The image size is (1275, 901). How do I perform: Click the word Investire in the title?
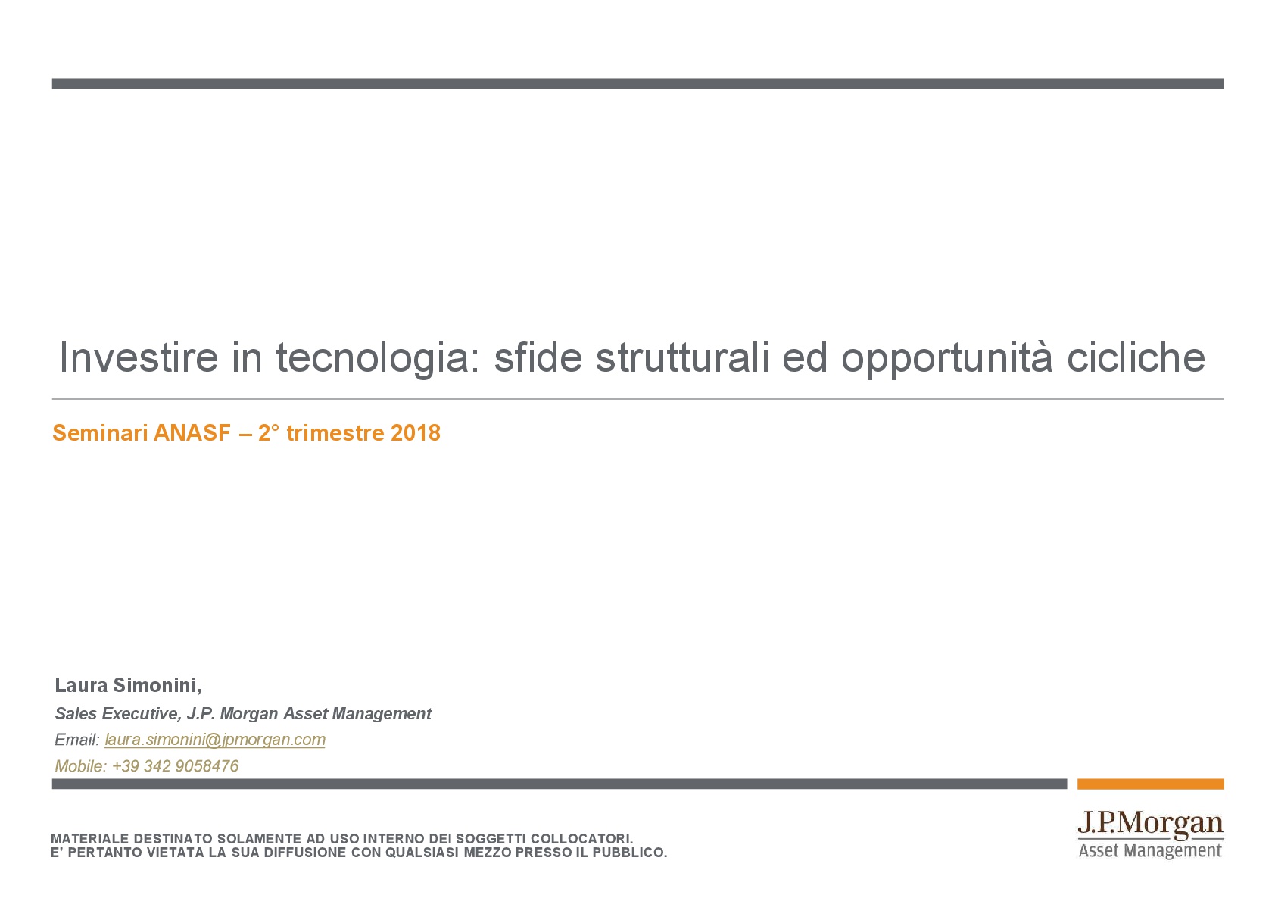[x=139, y=357]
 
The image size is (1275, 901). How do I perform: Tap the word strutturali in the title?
[x=682, y=357]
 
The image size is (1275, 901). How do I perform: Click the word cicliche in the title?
[x=1136, y=357]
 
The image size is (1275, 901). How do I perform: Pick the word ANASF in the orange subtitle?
[x=192, y=433]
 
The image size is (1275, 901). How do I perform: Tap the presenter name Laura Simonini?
[x=128, y=686]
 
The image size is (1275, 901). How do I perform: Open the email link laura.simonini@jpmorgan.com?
[x=215, y=740]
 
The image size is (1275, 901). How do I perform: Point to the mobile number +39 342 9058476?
[x=176, y=766]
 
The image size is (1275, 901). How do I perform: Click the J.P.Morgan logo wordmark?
[x=1150, y=825]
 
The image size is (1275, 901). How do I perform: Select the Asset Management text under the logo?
[x=1150, y=851]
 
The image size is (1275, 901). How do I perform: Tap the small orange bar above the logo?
[x=1150, y=784]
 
